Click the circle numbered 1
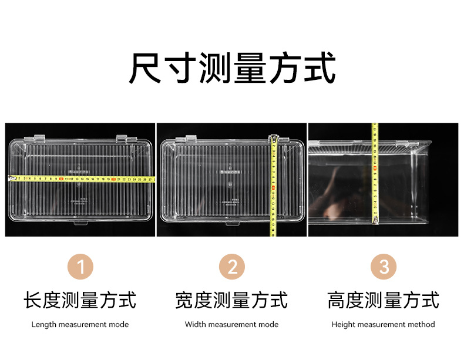coord(80,267)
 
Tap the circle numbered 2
coord(232,267)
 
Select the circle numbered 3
coord(384,267)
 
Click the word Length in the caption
coord(43,324)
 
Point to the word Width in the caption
coord(195,324)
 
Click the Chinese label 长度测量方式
coord(80,300)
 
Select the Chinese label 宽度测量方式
coord(232,300)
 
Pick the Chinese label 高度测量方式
coord(384,300)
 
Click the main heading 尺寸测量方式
coord(232,69)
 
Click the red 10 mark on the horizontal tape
coord(62,179)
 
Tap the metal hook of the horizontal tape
coord(9,179)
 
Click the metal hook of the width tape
coord(273,139)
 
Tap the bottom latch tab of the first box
coord(80,223)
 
